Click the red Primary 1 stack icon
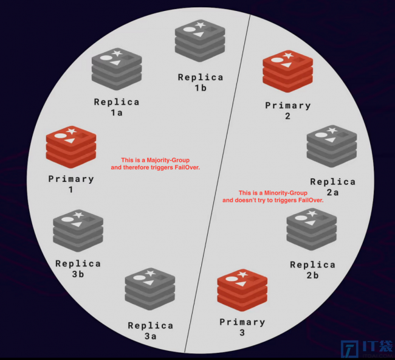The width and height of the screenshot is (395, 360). (71, 147)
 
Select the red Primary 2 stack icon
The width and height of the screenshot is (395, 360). (287, 71)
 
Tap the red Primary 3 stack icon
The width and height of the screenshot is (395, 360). (242, 290)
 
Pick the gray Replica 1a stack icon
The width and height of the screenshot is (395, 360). (117, 69)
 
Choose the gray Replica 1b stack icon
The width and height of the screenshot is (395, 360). (200, 41)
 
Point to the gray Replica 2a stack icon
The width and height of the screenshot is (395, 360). (332, 146)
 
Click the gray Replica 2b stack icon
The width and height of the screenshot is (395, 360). (312, 229)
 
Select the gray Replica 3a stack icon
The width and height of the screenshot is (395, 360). (150, 289)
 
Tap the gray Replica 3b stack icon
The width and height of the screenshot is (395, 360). (78, 230)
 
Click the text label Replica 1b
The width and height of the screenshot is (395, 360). (201, 83)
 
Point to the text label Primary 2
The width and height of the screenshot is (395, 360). (287, 111)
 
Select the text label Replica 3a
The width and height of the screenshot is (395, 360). (150, 331)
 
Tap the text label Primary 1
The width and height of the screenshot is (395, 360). (71, 184)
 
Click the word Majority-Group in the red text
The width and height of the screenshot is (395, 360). (168, 160)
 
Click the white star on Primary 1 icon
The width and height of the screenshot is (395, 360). (72, 131)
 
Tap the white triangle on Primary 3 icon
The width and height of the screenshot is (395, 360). (241, 283)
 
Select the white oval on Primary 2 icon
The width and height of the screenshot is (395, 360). (277, 60)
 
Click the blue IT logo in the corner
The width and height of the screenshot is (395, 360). (367, 349)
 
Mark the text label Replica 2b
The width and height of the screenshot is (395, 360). (312, 270)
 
